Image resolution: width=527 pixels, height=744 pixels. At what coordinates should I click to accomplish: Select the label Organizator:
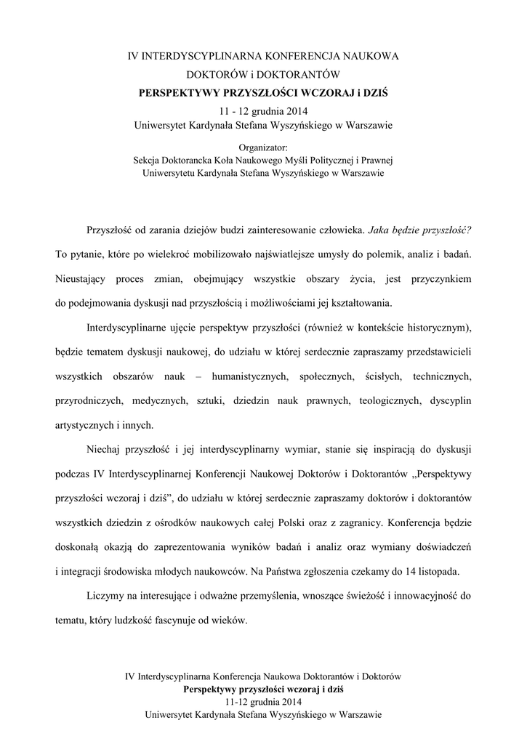coord(263,147)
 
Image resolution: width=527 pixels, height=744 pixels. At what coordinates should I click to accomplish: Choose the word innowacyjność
coord(423,598)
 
